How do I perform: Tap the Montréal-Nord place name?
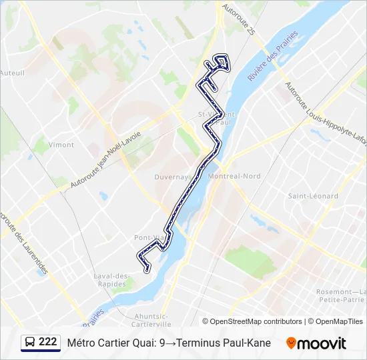234,176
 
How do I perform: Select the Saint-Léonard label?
313,196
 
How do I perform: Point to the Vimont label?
61,144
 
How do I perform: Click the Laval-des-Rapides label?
111,280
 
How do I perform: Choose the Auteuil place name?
12,73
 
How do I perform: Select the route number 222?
47,341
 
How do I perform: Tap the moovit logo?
316,343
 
